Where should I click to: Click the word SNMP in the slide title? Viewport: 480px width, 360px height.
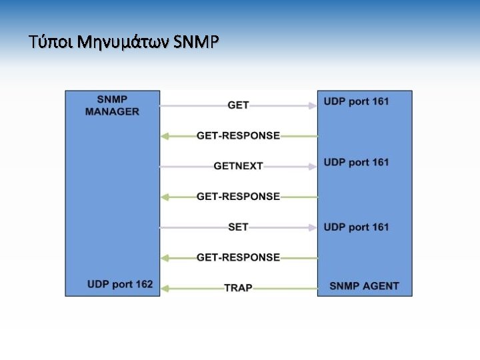[x=195, y=43]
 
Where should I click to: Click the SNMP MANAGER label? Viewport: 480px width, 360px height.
[x=112, y=105]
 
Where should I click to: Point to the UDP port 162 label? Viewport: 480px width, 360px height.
[x=120, y=285]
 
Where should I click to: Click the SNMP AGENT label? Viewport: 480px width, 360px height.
[x=364, y=287]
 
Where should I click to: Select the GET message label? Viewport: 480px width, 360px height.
[x=238, y=105]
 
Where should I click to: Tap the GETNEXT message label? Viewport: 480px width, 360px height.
[x=238, y=166]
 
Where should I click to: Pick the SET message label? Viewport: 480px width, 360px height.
[x=238, y=227]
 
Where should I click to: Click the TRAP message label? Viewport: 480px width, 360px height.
[x=238, y=288]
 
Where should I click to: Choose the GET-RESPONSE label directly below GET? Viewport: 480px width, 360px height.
[x=238, y=136]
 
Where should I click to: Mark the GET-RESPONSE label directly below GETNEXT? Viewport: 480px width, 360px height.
[x=238, y=197]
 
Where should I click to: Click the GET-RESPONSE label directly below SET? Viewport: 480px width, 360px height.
[x=238, y=257]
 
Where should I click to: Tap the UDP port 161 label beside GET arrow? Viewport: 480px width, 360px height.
[x=356, y=101]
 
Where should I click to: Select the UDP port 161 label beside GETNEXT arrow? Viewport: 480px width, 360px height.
[x=356, y=162]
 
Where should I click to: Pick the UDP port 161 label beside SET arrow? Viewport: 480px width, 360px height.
[x=356, y=227]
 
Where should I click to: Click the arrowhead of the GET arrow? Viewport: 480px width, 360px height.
[x=312, y=105]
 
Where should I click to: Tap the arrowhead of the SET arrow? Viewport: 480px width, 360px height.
[x=312, y=227]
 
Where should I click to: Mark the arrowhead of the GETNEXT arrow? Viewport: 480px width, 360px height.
[x=312, y=166]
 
